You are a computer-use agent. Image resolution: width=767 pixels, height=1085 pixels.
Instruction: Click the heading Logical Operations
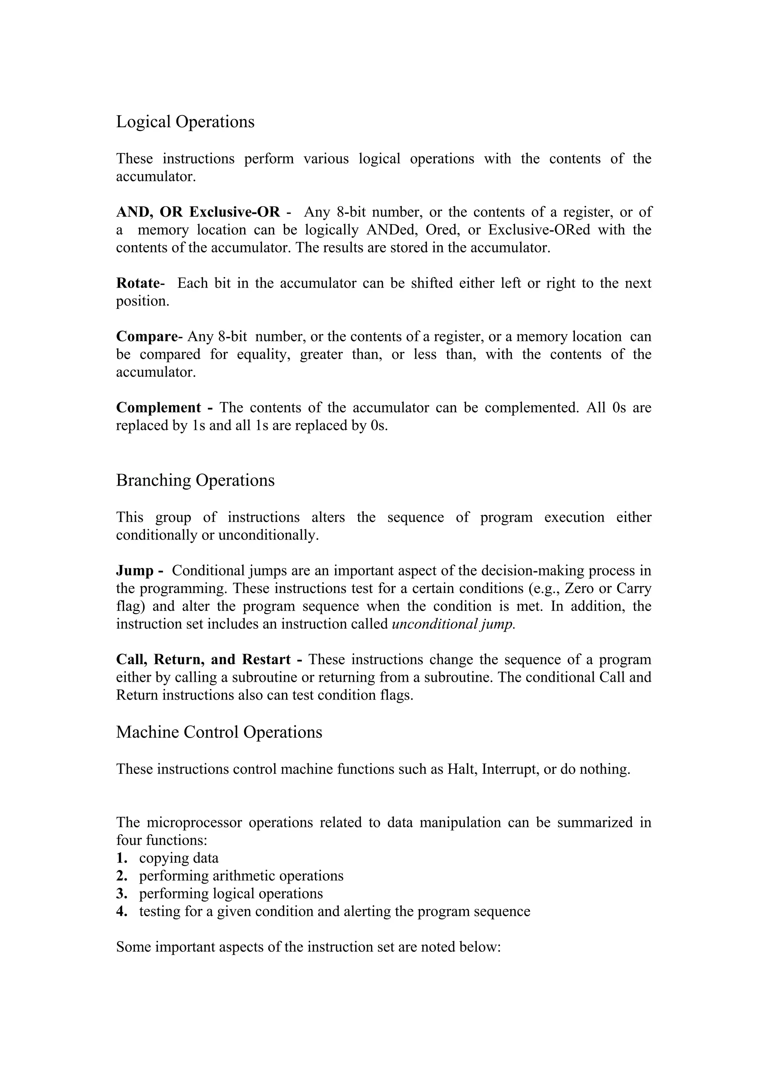[x=185, y=122]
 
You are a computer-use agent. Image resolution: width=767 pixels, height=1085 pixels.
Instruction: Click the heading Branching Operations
[x=195, y=481]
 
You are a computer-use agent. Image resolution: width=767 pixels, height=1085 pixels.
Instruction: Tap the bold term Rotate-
[x=140, y=283]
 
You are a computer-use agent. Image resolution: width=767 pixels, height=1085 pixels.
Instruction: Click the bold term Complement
[x=159, y=408]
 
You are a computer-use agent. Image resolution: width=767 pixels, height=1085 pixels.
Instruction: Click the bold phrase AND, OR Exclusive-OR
[x=198, y=212]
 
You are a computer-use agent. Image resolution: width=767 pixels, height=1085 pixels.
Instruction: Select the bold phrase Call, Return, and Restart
[x=203, y=660]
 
